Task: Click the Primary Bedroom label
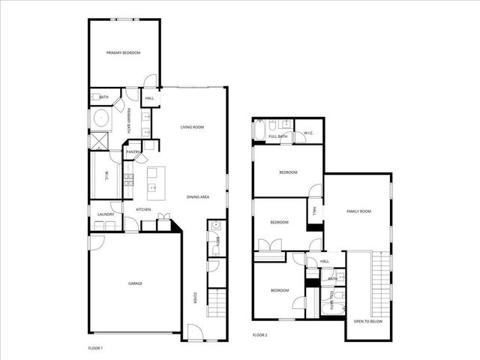[x=123, y=52]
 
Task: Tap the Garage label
[x=134, y=283]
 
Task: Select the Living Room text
[x=192, y=127]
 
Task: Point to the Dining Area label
[x=197, y=196]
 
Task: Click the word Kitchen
[x=143, y=209]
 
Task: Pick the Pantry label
[x=133, y=152]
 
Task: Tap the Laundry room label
[x=106, y=214]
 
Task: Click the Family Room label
[x=358, y=211]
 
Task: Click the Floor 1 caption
[x=95, y=348]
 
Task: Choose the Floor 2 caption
[x=259, y=334]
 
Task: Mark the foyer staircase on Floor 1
[x=216, y=304]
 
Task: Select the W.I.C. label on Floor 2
[x=308, y=133]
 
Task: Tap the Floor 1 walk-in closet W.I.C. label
[x=106, y=176]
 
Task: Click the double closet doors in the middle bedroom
[x=268, y=245]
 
